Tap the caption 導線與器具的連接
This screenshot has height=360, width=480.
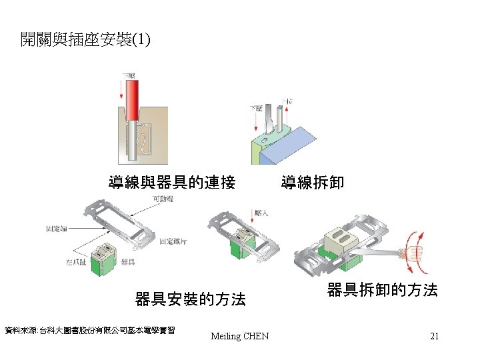pos(172,182)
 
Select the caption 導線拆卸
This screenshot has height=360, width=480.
pos(313,182)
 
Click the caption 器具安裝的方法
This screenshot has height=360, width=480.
pos(190,299)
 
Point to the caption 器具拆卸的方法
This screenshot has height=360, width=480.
pos(382,290)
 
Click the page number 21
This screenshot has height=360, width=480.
pos(434,336)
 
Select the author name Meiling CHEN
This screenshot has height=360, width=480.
pos(239,336)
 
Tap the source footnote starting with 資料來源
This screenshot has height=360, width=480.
pos(89,330)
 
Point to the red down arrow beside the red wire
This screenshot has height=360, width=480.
pos(123,89)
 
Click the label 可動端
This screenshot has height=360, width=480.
pos(164,199)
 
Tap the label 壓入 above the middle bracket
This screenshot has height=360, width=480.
pos(261,213)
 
